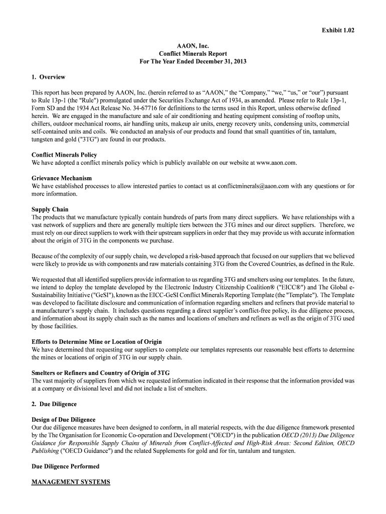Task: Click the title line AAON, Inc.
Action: pyautogui.click(x=193, y=46)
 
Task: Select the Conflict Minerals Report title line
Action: pyautogui.click(x=193, y=54)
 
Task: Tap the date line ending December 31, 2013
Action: pyautogui.click(x=193, y=62)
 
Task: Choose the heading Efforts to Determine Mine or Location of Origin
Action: pyautogui.click(x=97, y=341)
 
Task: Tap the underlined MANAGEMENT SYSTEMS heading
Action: pyautogui.click(x=71, y=482)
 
